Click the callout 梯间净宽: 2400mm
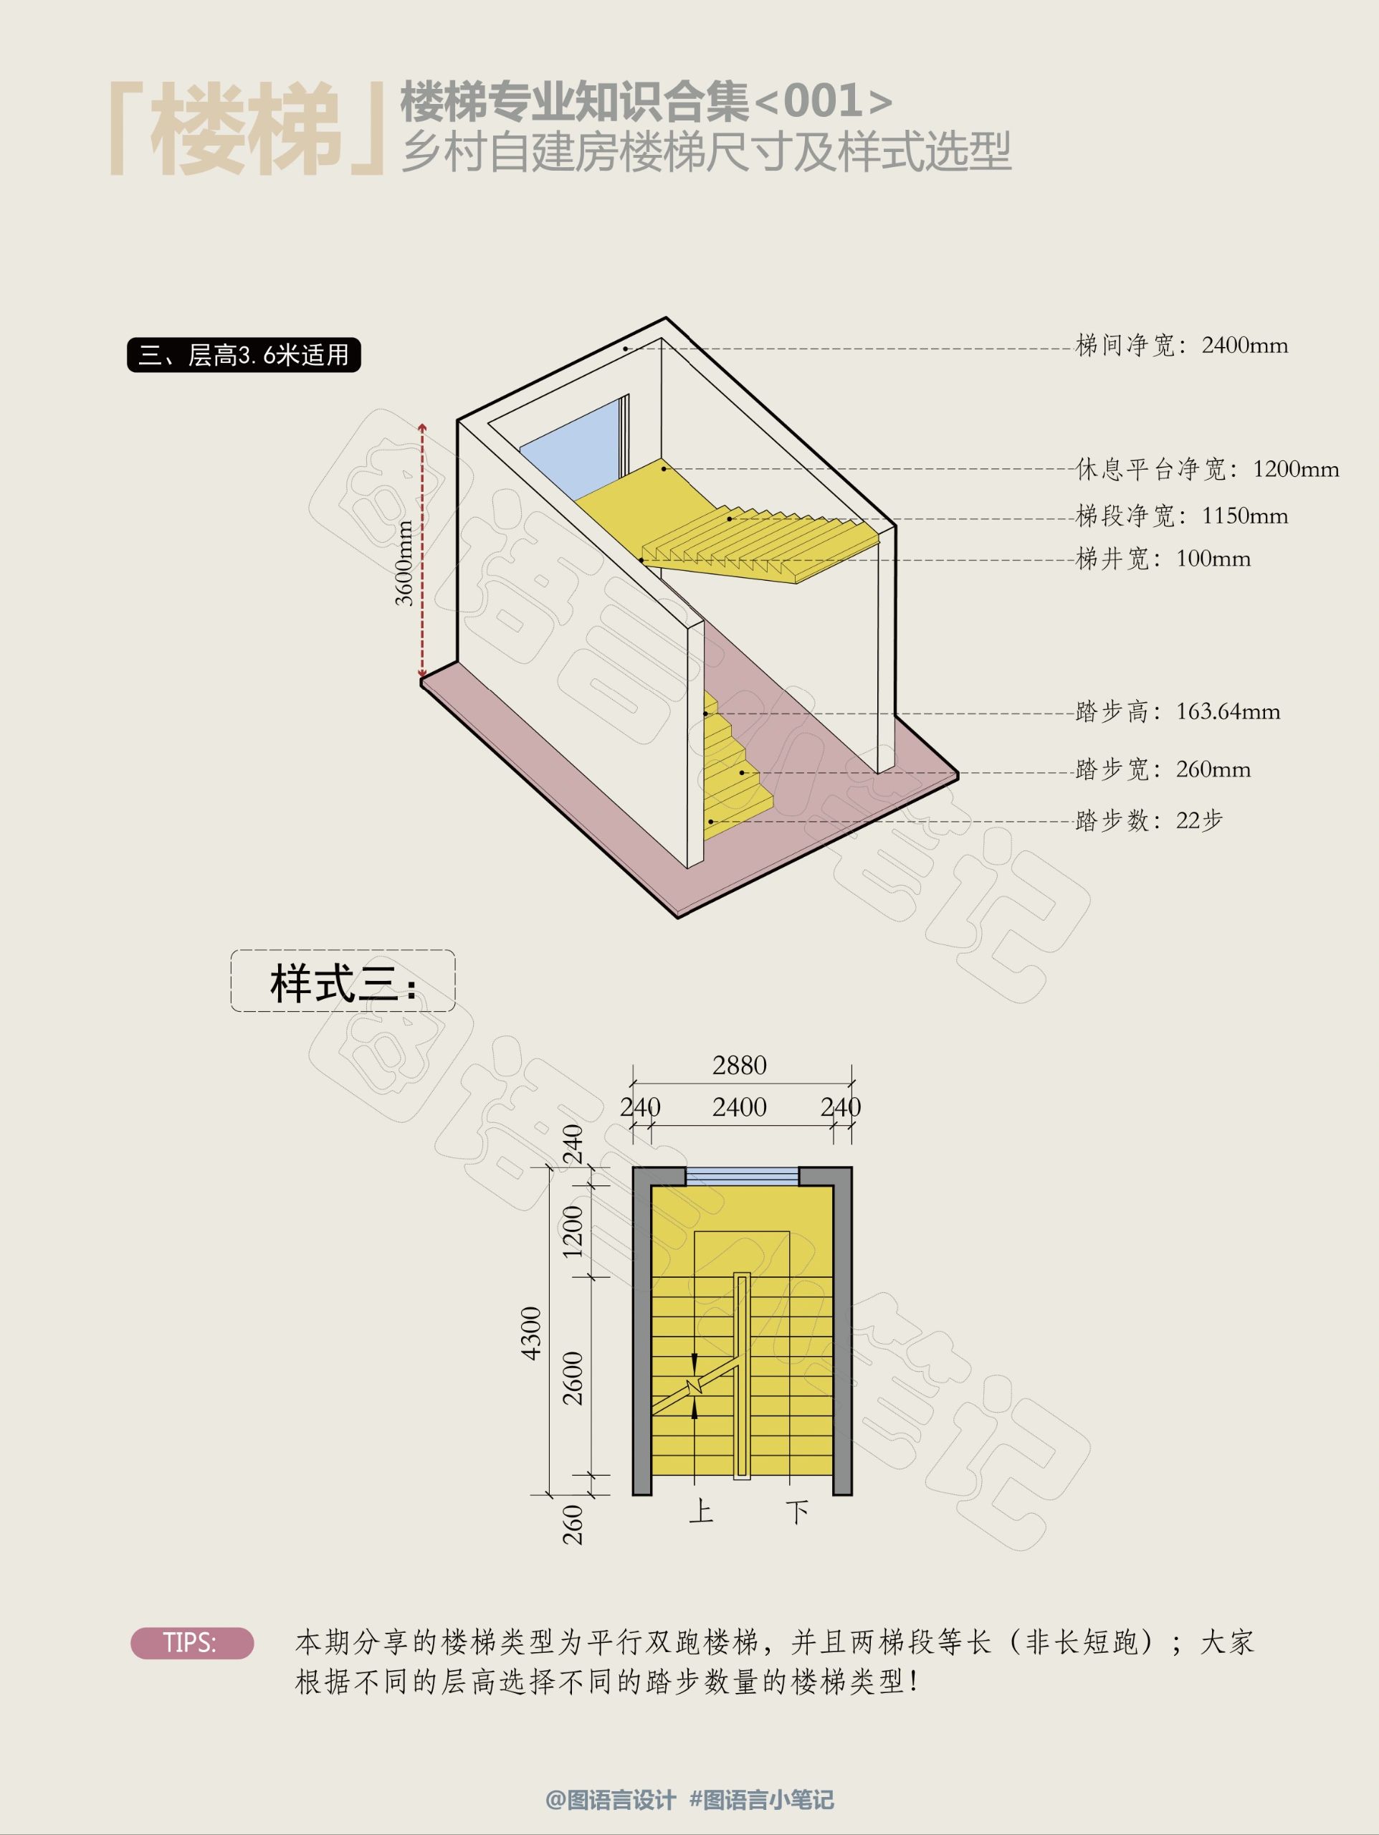(x=1182, y=345)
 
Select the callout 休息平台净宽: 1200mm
(x=1208, y=469)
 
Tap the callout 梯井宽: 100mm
(x=1163, y=559)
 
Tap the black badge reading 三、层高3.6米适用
(x=244, y=355)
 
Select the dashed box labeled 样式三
(x=343, y=980)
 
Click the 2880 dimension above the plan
(x=740, y=1065)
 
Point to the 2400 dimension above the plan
(x=740, y=1106)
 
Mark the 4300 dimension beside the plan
(x=530, y=1333)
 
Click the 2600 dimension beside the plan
(x=573, y=1378)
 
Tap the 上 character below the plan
(x=702, y=1511)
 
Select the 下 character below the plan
(x=798, y=1512)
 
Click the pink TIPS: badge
(x=191, y=1644)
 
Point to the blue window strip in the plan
(x=742, y=1175)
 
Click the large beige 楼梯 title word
(x=247, y=131)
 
